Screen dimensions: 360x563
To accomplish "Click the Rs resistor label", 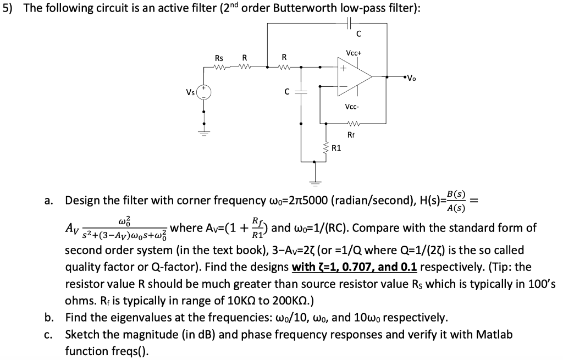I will [x=219, y=58].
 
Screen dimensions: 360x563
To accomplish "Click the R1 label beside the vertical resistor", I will [x=336, y=148].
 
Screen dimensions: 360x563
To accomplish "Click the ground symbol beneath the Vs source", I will [x=204, y=132].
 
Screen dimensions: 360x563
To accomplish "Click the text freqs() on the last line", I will [x=86, y=350].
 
